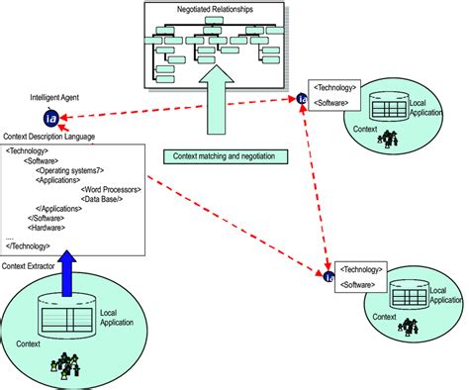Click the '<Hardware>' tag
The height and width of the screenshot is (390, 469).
click(x=47, y=227)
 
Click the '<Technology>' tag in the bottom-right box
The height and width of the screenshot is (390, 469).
click(x=361, y=268)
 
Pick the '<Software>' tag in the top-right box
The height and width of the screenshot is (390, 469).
click(x=334, y=102)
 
